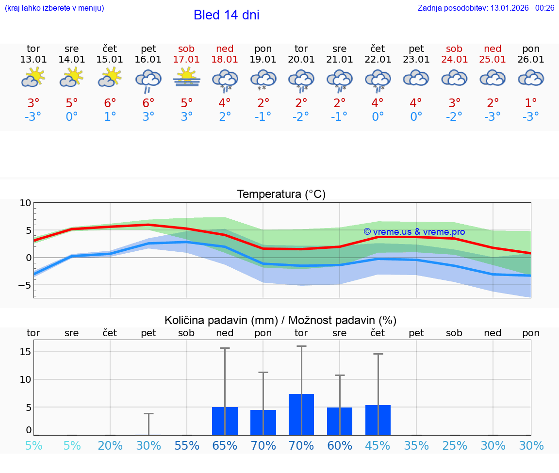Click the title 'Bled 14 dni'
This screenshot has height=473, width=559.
tap(226, 15)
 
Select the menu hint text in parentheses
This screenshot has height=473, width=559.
tap(54, 8)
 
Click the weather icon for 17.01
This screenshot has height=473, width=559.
tap(187, 78)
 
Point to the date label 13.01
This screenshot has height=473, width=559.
tap(33, 59)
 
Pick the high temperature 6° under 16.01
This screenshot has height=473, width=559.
tap(148, 103)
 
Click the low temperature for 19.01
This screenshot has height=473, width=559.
tap(263, 116)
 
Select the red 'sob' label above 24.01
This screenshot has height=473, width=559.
tap(454, 49)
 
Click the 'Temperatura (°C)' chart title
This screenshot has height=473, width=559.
tap(281, 194)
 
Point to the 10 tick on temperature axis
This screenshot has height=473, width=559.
tap(25, 203)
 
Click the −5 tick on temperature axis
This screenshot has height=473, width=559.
tap(24, 285)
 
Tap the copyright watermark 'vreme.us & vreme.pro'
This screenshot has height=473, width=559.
tap(414, 232)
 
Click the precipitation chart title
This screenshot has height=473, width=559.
tap(280, 320)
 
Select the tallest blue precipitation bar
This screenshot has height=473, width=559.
tap(301, 414)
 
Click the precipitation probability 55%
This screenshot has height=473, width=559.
tap(187, 446)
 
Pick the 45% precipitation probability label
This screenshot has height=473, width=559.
tap(378, 446)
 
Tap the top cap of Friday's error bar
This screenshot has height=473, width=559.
tap(148, 413)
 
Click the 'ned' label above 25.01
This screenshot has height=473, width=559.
tap(493, 49)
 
